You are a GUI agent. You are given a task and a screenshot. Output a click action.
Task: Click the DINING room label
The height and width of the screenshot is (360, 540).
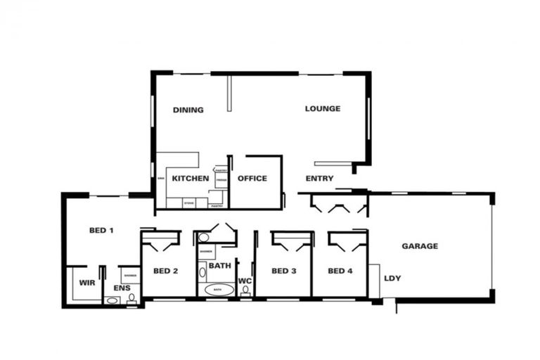click(x=188, y=110)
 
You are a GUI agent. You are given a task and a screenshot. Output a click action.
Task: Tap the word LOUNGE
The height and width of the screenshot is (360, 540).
click(x=323, y=108)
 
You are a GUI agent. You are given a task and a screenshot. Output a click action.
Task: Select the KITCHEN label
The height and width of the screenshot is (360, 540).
click(x=191, y=179)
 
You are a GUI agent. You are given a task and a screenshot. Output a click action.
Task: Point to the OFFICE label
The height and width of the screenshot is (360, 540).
click(x=252, y=179)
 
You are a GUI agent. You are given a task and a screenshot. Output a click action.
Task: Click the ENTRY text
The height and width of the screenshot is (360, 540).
click(x=320, y=179)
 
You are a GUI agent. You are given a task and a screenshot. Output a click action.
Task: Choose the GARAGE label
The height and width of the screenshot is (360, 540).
click(x=420, y=246)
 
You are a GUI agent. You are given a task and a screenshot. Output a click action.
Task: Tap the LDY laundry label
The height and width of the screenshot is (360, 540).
click(x=392, y=278)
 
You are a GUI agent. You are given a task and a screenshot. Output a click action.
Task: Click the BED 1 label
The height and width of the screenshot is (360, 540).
click(x=102, y=231)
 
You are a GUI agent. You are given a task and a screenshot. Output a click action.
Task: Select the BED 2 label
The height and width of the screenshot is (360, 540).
click(x=165, y=271)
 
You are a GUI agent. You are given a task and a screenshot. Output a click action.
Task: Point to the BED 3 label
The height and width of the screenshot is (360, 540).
click(x=283, y=271)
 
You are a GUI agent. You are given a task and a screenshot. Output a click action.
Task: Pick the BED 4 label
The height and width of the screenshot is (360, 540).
click(x=340, y=271)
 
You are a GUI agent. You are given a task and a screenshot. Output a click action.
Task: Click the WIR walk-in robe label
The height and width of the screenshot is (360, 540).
click(x=87, y=283)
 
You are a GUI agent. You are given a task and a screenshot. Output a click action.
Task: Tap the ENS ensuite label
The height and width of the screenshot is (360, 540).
click(x=122, y=288)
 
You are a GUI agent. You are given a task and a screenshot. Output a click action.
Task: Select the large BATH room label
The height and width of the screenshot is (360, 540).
click(x=219, y=266)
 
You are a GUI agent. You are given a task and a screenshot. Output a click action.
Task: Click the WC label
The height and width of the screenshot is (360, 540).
click(x=245, y=281)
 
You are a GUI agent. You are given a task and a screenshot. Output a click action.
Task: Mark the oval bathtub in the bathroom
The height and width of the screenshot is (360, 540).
click(x=217, y=290)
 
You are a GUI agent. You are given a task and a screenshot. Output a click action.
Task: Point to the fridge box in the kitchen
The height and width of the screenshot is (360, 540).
click(x=221, y=181)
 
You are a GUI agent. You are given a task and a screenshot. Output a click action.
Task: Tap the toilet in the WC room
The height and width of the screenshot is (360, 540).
click(x=245, y=291)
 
